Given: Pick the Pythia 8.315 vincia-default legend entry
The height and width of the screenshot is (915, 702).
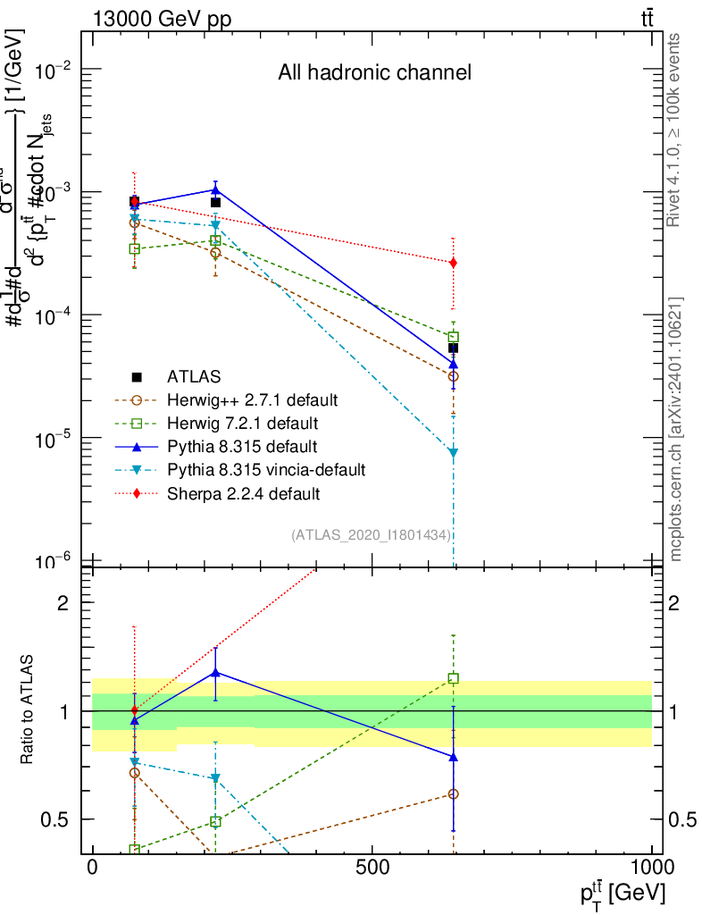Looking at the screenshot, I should click(x=264, y=469).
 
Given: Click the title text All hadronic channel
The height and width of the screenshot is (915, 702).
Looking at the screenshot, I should click(x=374, y=73).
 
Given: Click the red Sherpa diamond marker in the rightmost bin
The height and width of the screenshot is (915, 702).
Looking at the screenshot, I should click(x=454, y=263).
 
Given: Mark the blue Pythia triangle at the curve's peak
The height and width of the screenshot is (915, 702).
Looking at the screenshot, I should click(x=215, y=189).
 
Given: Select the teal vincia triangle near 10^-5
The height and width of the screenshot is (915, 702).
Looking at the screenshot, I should click(x=454, y=453).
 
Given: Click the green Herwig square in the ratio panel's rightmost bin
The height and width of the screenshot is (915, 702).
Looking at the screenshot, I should click(x=454, y=679).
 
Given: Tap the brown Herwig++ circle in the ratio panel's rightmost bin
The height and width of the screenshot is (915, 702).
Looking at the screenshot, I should click(x=454, y=793).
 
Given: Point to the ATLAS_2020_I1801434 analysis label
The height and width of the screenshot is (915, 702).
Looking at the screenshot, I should click(x=371, y=534).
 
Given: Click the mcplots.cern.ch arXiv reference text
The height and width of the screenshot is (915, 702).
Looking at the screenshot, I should click(x=676, y=429).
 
